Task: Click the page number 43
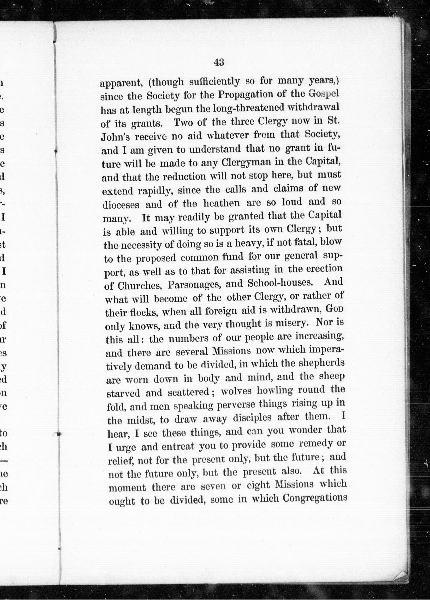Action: [219, 62]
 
